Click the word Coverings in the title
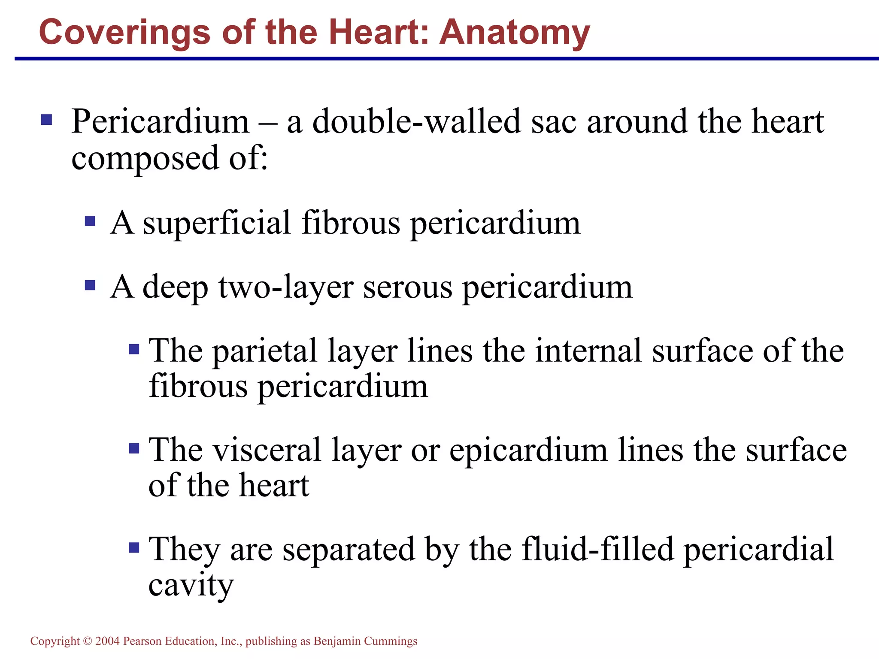click(x=124, y=33)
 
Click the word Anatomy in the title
click(x=515, y=33)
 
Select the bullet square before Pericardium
click(x=46, y=119)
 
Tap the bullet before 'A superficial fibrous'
click(x=90, y=221)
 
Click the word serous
click(x=408, y=287)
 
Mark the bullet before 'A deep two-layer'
click(x=90, y=285)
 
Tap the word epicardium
click(x=528, y=450)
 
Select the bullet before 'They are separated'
click(x=134, y=547)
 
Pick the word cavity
click(x=191, y=585)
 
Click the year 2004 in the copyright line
click(x=107, y=641)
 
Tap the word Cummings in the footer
click(x=391, y=641)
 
